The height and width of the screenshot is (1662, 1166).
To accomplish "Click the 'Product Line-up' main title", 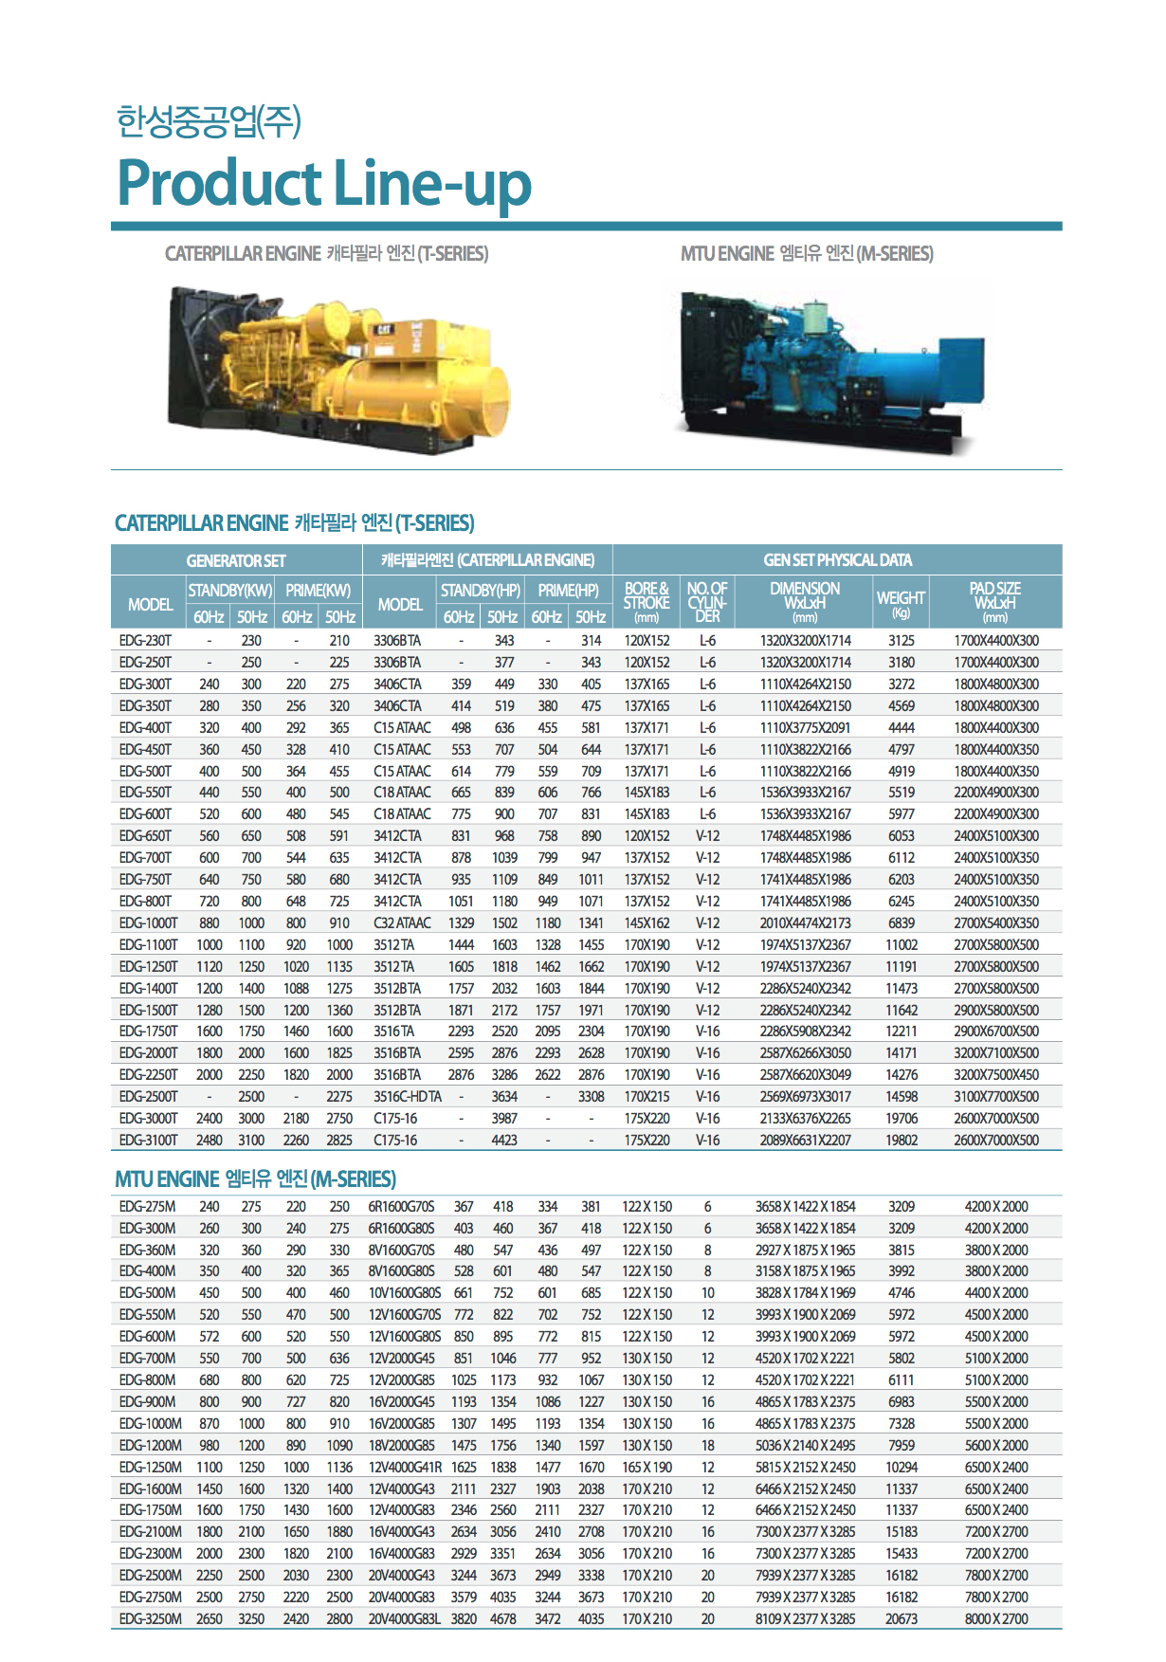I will pos(323,183).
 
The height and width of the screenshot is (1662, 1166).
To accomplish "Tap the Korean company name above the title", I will pos(209,121).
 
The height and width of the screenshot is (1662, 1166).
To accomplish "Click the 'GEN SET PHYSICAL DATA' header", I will pos(837,560).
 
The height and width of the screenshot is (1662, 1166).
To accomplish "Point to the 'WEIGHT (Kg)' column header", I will pos(901,602).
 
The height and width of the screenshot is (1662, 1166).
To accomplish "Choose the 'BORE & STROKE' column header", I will pos(647,602).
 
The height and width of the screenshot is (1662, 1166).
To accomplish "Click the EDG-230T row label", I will pos(145,641).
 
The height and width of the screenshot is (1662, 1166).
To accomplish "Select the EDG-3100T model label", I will pos(148,1141).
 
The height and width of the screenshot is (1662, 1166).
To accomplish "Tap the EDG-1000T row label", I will pos(148,923).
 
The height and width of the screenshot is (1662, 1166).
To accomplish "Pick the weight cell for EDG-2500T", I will pos(902,1097).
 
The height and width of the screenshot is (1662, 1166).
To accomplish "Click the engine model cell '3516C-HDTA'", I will pos(408,1097).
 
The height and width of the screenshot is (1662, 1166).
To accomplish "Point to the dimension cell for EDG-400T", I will pos(805,728).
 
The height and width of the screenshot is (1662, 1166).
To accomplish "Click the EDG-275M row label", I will pos(147,1207).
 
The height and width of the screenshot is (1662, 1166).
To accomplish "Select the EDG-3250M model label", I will pos(150,1619).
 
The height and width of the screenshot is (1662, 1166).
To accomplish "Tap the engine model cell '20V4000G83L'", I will pos(405,1619).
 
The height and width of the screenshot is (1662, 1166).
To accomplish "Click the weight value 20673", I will pos(902,1619).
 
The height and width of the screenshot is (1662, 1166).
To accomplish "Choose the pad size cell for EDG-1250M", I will pos(996,1468).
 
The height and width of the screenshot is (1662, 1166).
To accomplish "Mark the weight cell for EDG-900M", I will pos(902,1402).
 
